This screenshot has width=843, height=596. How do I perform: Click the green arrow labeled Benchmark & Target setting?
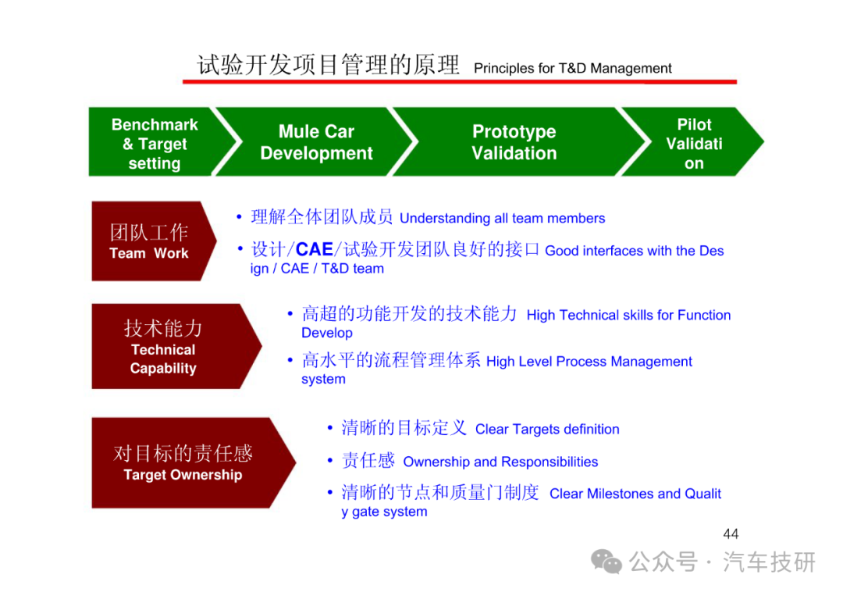[156, 142]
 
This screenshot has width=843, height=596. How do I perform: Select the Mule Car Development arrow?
[316, 142]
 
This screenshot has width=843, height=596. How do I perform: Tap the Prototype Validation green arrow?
[515, 142]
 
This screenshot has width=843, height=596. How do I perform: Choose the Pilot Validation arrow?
[694, 142]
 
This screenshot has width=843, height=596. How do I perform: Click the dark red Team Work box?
[151, 241]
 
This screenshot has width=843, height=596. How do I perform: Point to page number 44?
[731, 534]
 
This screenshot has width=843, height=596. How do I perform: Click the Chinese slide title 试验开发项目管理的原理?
[328, 65]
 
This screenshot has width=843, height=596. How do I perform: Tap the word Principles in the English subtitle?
[503, 68]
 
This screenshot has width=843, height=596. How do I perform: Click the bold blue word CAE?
[314, 250]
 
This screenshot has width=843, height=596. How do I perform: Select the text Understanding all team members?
[502, 218]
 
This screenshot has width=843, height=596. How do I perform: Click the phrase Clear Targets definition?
[546, 430]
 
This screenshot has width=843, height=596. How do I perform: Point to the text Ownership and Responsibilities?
[500, 462]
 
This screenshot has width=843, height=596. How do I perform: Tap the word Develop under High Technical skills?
[327, 333]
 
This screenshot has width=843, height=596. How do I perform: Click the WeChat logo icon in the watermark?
[606, 562]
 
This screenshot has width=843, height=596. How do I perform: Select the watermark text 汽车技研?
[769, 562]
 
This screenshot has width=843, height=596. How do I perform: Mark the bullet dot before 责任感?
[330, 461]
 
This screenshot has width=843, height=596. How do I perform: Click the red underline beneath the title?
[460, 82]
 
